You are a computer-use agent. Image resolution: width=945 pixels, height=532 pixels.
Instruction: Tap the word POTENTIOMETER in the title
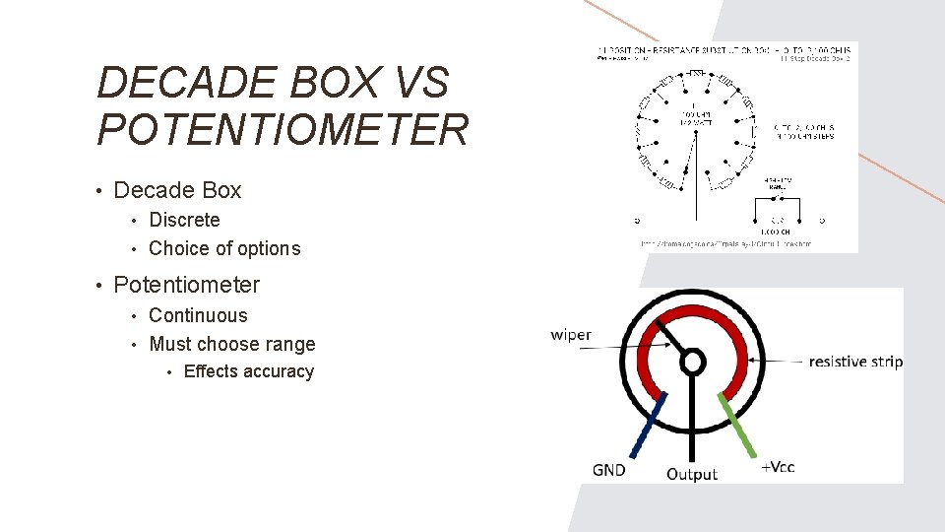point(283,130)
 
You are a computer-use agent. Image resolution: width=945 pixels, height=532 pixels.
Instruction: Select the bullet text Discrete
point(184,220)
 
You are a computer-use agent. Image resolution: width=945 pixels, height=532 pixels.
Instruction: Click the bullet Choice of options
point(224,248)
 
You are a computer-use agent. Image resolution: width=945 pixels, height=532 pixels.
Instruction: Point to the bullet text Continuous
point(198,315)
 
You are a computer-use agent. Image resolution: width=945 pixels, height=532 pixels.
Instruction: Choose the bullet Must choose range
point(232,344)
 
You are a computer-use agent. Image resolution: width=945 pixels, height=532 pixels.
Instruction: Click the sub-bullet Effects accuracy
point(249,371)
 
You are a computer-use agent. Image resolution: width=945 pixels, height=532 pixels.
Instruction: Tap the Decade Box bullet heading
point(177,190)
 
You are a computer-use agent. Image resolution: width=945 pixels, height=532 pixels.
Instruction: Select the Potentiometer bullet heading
point(187,285)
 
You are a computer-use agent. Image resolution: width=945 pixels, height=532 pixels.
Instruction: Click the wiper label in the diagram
point(571,335)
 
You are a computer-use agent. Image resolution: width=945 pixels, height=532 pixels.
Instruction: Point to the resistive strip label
point(854,362)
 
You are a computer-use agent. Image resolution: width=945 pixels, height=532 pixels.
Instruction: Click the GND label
point(609,470)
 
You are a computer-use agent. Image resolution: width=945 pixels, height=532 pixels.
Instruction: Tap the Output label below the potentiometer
point(692,474)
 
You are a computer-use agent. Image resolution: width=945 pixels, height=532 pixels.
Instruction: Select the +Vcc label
point(778,467)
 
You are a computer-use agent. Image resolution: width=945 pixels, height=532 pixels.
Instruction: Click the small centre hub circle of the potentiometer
point(693,362)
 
